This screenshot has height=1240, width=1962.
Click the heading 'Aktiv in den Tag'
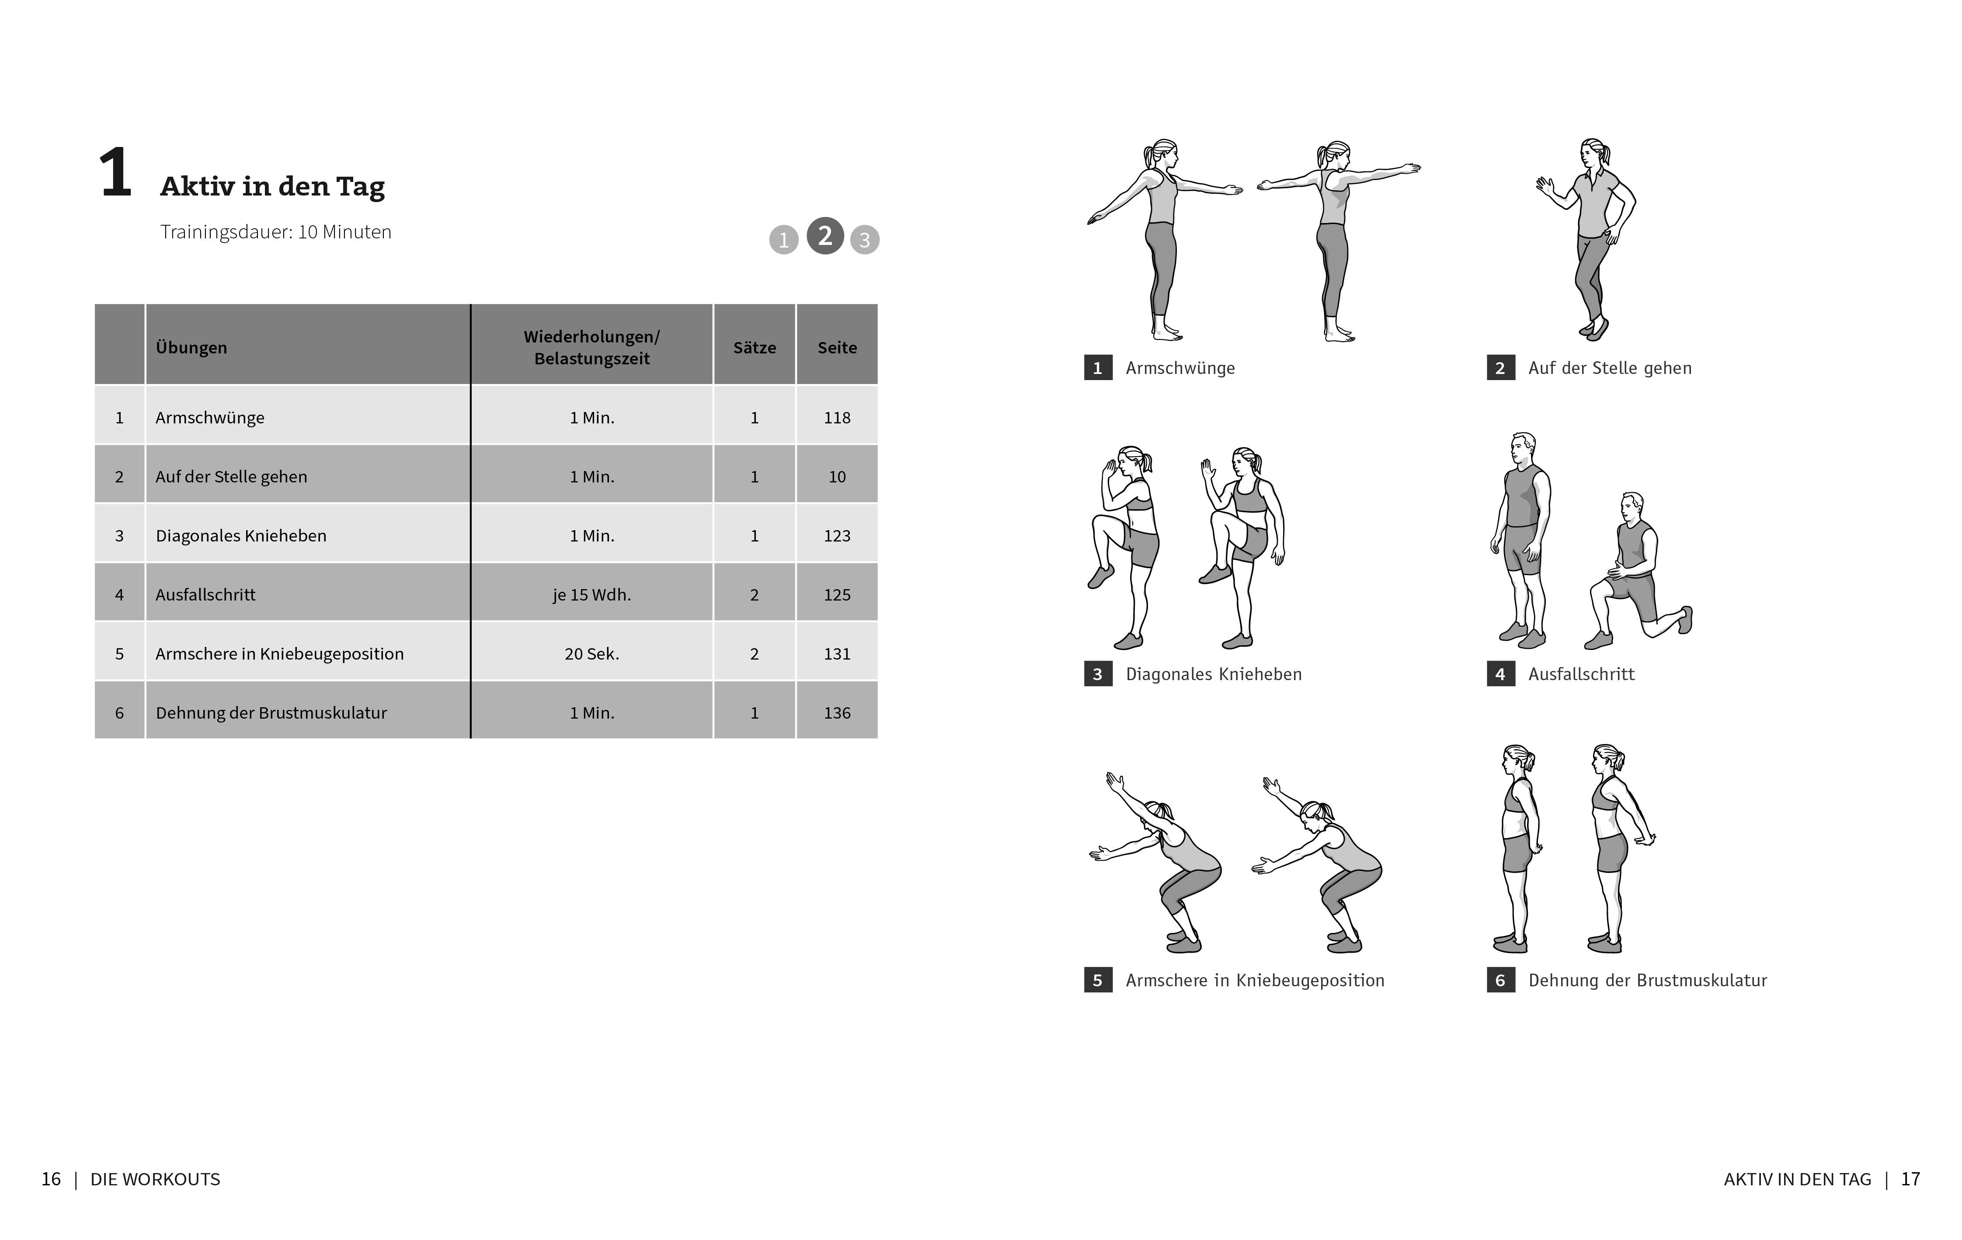click(x=272, y=187)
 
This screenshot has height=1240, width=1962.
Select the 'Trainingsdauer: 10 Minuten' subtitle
click(x=275, y=232)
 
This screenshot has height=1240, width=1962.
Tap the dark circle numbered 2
click(x=824, y=237)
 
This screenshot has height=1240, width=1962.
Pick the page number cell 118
click(x=837, y=417)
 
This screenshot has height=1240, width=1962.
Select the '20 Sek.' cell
click(x=591, y=654)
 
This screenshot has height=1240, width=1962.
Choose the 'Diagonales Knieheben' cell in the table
click(x=241, y=536)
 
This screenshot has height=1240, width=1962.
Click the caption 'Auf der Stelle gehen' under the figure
click(x=1609, y=368)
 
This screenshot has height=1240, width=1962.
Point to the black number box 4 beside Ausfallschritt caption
click(x=1500, y=674)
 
